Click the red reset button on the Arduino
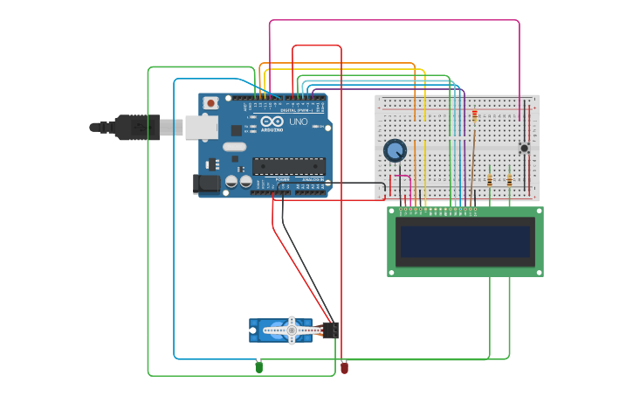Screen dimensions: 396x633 210,102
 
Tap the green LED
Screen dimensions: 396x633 259,367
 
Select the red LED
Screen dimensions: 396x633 344,368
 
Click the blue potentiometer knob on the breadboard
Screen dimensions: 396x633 395,150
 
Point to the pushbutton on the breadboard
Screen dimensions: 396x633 524,148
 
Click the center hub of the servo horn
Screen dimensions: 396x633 292,330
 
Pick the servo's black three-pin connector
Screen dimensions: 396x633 331,330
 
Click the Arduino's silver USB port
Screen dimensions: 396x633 200,128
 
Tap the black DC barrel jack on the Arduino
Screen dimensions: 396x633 206,183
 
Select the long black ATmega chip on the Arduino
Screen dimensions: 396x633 288,165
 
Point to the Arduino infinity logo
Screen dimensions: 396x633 272,122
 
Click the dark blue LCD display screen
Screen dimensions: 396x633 465,241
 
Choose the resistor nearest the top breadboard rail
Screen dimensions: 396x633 474,115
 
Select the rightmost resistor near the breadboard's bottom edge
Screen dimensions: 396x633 509,179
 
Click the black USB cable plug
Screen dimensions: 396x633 136,128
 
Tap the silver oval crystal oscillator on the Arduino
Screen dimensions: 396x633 234,146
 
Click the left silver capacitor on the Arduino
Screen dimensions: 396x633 231,181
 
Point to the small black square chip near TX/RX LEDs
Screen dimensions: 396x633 236,130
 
